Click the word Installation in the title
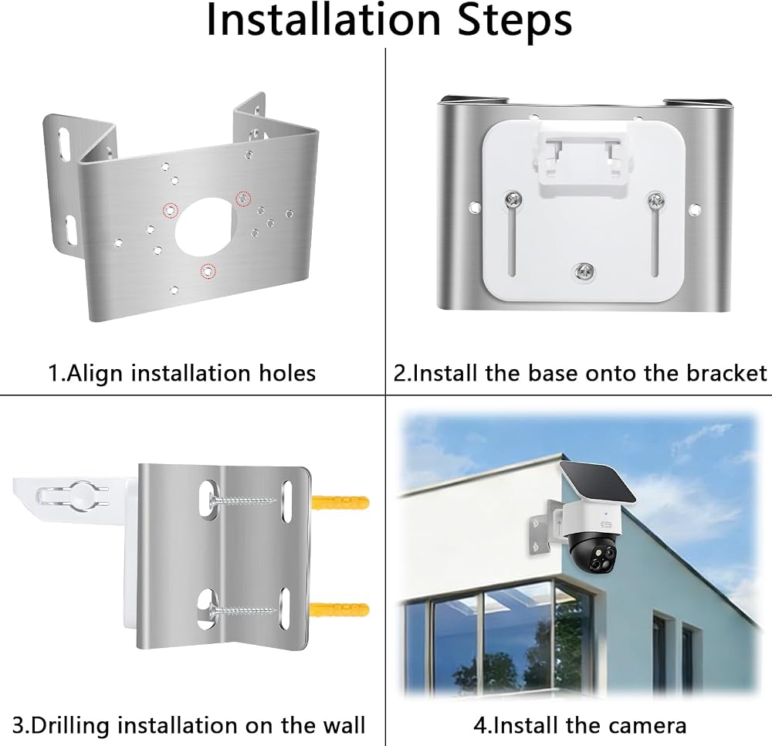(x=323, y=20)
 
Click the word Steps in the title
(x=514, y=21)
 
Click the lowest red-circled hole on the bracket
(x=208, y=271)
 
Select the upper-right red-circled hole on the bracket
(x=243, y=198)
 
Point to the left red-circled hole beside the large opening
(x=171, y=210)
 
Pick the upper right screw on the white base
(x=655, y=199)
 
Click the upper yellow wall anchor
(x=340, y=504)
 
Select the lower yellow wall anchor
(x=340, y=609)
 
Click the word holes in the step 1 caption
(x=287, y=373)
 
